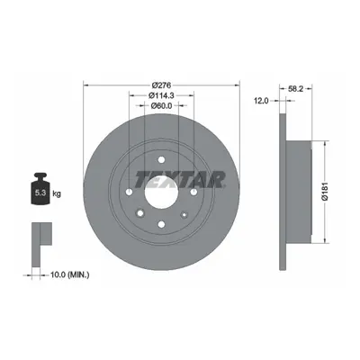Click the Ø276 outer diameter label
click(x=161, y=85)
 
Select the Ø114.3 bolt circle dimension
click(x=161, y=95)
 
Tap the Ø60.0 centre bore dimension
click(x=161, y=105)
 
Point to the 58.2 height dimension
click(x=296, y=88)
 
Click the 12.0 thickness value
click(x=261, y=101)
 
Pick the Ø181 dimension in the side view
click(x=325, y=191)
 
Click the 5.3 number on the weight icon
click(x=40, y=193)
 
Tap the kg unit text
click(x=57, y=193)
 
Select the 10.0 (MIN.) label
click(x=70, y=274)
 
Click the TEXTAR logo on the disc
click(x=180, y=179)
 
